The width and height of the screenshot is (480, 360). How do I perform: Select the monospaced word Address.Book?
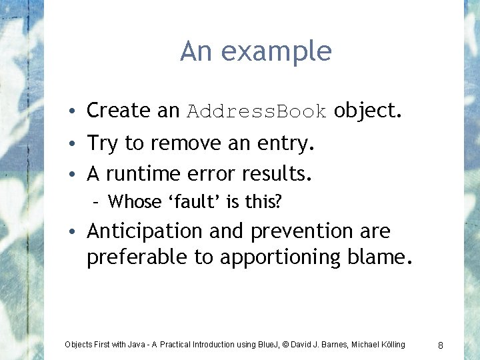point(257,111)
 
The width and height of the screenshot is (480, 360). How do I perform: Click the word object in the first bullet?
point(367,110)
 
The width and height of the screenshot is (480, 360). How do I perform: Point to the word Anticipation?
point(145,231)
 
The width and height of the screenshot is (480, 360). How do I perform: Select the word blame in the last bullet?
point(379,257)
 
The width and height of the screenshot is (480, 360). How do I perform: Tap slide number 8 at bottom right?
point(441,345)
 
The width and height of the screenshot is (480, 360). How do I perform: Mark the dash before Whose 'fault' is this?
point(97,202)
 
